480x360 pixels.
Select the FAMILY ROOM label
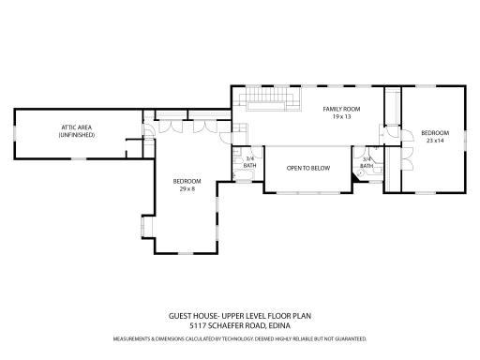click(x=341, y=110)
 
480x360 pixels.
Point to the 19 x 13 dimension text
click(x=341, y=118)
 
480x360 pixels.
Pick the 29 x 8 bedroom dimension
click(x=186, y=188)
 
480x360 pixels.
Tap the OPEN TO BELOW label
click(x=307, y=168)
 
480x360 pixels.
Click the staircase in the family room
click(x=268, y=100)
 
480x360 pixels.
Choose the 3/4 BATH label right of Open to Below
click(x=367, y=161)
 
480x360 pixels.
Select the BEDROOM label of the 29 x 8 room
click(x=186, y=180)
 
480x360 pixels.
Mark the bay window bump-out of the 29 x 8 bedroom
click(x=143, y=228)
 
